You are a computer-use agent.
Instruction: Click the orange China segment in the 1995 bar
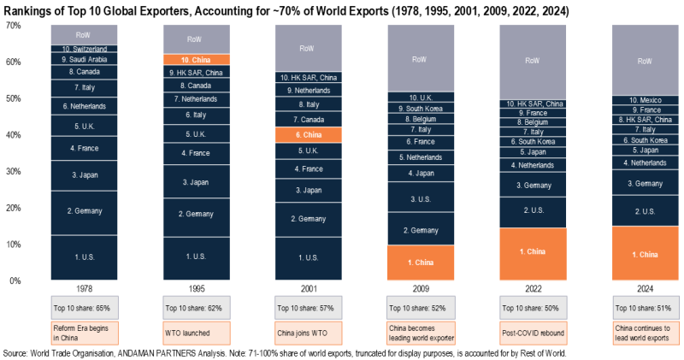point(196,60)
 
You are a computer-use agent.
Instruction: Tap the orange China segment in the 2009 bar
point(420,263)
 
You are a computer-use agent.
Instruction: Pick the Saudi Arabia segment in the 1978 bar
point(84,60)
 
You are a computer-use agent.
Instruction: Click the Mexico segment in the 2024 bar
point(645,100)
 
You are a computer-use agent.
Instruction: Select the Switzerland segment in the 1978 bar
point(84,50)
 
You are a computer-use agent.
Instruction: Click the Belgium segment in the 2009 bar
point(420,120)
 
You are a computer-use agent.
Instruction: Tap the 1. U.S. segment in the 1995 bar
point(196,256)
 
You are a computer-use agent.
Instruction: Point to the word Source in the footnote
point(15,352)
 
